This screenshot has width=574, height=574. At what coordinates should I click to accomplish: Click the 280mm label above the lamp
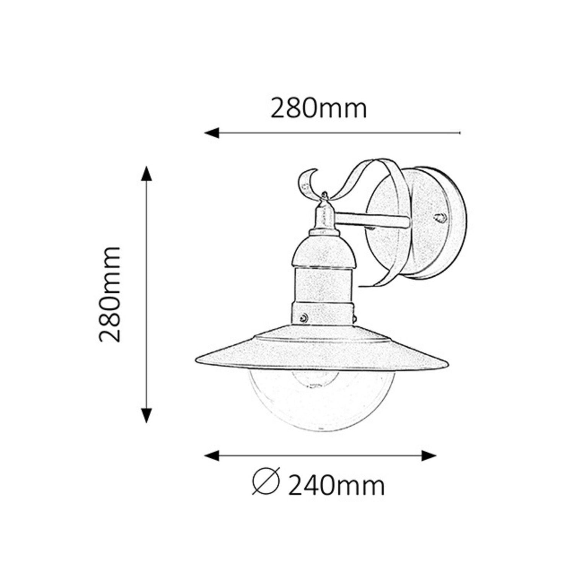pos(319,108)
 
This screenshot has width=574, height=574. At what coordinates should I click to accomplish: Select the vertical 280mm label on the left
pos(110,294)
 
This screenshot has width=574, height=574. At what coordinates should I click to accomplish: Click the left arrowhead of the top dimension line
pos(212,133)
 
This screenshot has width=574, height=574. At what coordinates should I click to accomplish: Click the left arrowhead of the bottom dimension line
pos(212,456)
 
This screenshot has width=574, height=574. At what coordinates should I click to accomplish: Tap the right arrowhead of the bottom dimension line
pos(429,456)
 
